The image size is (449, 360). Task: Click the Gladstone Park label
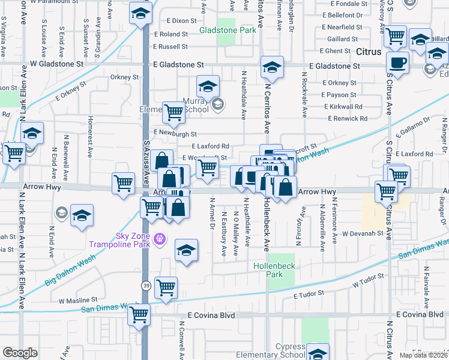[228, 30]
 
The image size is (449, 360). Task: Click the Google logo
[20, 353]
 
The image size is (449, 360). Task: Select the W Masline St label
[77, 299]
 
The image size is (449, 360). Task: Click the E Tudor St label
[309, 295]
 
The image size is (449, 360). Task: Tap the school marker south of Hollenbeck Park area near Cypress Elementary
[318, 352]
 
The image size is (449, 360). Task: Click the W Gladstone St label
[56, 63]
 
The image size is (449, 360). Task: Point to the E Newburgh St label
[175, 133]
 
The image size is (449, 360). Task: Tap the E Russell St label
[171, 47]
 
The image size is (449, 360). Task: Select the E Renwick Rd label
[345, 119]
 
